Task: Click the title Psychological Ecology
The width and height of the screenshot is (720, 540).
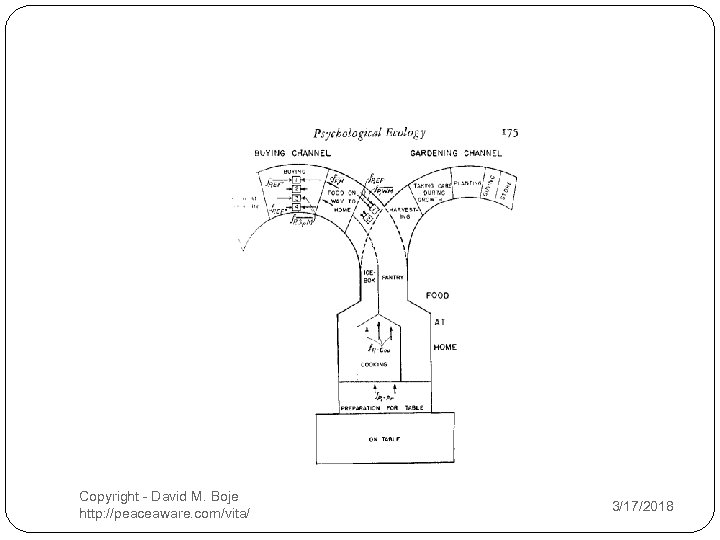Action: pos(370,133)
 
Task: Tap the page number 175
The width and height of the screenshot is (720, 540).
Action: pos(508,131)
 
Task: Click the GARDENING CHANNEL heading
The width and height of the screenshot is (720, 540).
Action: pos(456,153)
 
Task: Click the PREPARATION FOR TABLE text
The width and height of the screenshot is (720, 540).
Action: pos(383,405)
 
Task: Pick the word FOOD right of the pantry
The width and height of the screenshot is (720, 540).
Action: pos(438,296)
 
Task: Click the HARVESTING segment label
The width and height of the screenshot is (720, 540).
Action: pos(406,211)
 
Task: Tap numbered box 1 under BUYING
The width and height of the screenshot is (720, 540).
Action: pos(297,180)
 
